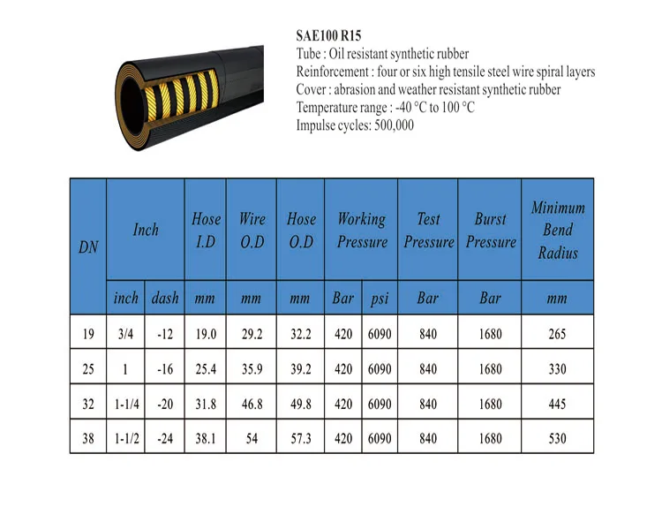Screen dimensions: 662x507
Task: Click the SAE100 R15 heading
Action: (328, 36)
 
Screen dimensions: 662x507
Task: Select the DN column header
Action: (88, 246)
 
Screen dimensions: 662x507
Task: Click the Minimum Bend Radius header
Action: (558, 230)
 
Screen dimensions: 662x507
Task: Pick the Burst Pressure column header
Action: (491, 231)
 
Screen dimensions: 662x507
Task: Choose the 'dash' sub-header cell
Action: (165, 298)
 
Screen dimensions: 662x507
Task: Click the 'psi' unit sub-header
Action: (380, 299)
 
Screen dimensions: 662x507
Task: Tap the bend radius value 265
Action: (557, 334)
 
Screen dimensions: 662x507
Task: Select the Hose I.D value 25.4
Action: (206, 369)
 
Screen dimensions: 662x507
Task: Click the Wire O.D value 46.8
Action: (252, 404)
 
